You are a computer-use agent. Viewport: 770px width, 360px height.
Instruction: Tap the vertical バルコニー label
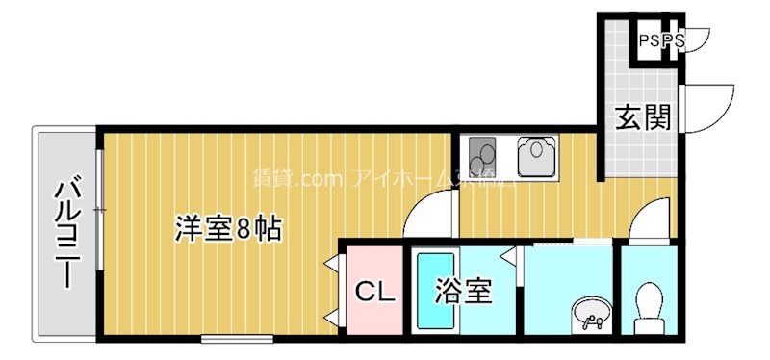[66, 232]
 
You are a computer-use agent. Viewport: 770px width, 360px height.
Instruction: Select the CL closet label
[375, 291]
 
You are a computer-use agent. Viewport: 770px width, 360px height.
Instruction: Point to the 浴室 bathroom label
[464, 291]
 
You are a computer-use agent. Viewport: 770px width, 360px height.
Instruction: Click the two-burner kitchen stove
[483, 153]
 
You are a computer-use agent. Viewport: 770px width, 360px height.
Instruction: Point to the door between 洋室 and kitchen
[429, 212]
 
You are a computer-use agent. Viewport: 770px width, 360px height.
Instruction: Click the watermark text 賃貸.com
[286, 178]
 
